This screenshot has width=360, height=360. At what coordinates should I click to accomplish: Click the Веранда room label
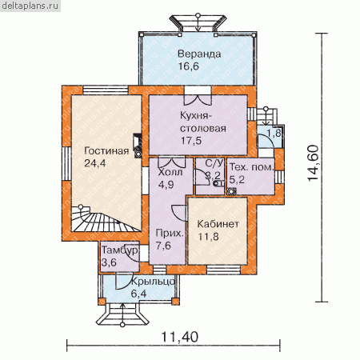coord(199,54)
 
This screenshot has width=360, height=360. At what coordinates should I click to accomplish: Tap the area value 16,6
coord(189,66)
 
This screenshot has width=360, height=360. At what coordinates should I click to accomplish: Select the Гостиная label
coord(106,151)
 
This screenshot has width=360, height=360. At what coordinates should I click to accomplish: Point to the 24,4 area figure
coord(95,163)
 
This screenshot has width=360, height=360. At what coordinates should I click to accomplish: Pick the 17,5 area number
coord(191,141)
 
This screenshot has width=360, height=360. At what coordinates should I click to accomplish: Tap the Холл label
coord(170,173)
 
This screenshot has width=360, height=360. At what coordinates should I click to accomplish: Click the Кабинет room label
coord(218,224)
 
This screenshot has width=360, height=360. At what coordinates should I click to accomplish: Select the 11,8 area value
coord(208,237)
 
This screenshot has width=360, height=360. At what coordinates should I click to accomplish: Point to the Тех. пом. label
coord(252,167)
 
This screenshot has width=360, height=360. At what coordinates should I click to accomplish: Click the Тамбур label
coord(120,250)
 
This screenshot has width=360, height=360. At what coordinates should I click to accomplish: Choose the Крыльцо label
coord(153,282)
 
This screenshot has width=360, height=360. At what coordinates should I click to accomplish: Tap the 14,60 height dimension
coord(313,163)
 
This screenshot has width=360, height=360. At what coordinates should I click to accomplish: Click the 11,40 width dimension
coord(180,337)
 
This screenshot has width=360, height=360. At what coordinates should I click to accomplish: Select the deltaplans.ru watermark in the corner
coord(30,6)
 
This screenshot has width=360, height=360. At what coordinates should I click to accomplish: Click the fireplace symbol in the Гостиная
coord(138,146)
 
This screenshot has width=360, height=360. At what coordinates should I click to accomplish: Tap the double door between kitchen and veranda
coord(198,100)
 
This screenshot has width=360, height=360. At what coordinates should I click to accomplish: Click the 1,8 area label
coord(274,133)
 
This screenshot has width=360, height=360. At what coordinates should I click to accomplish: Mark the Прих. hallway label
coord(170,234)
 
